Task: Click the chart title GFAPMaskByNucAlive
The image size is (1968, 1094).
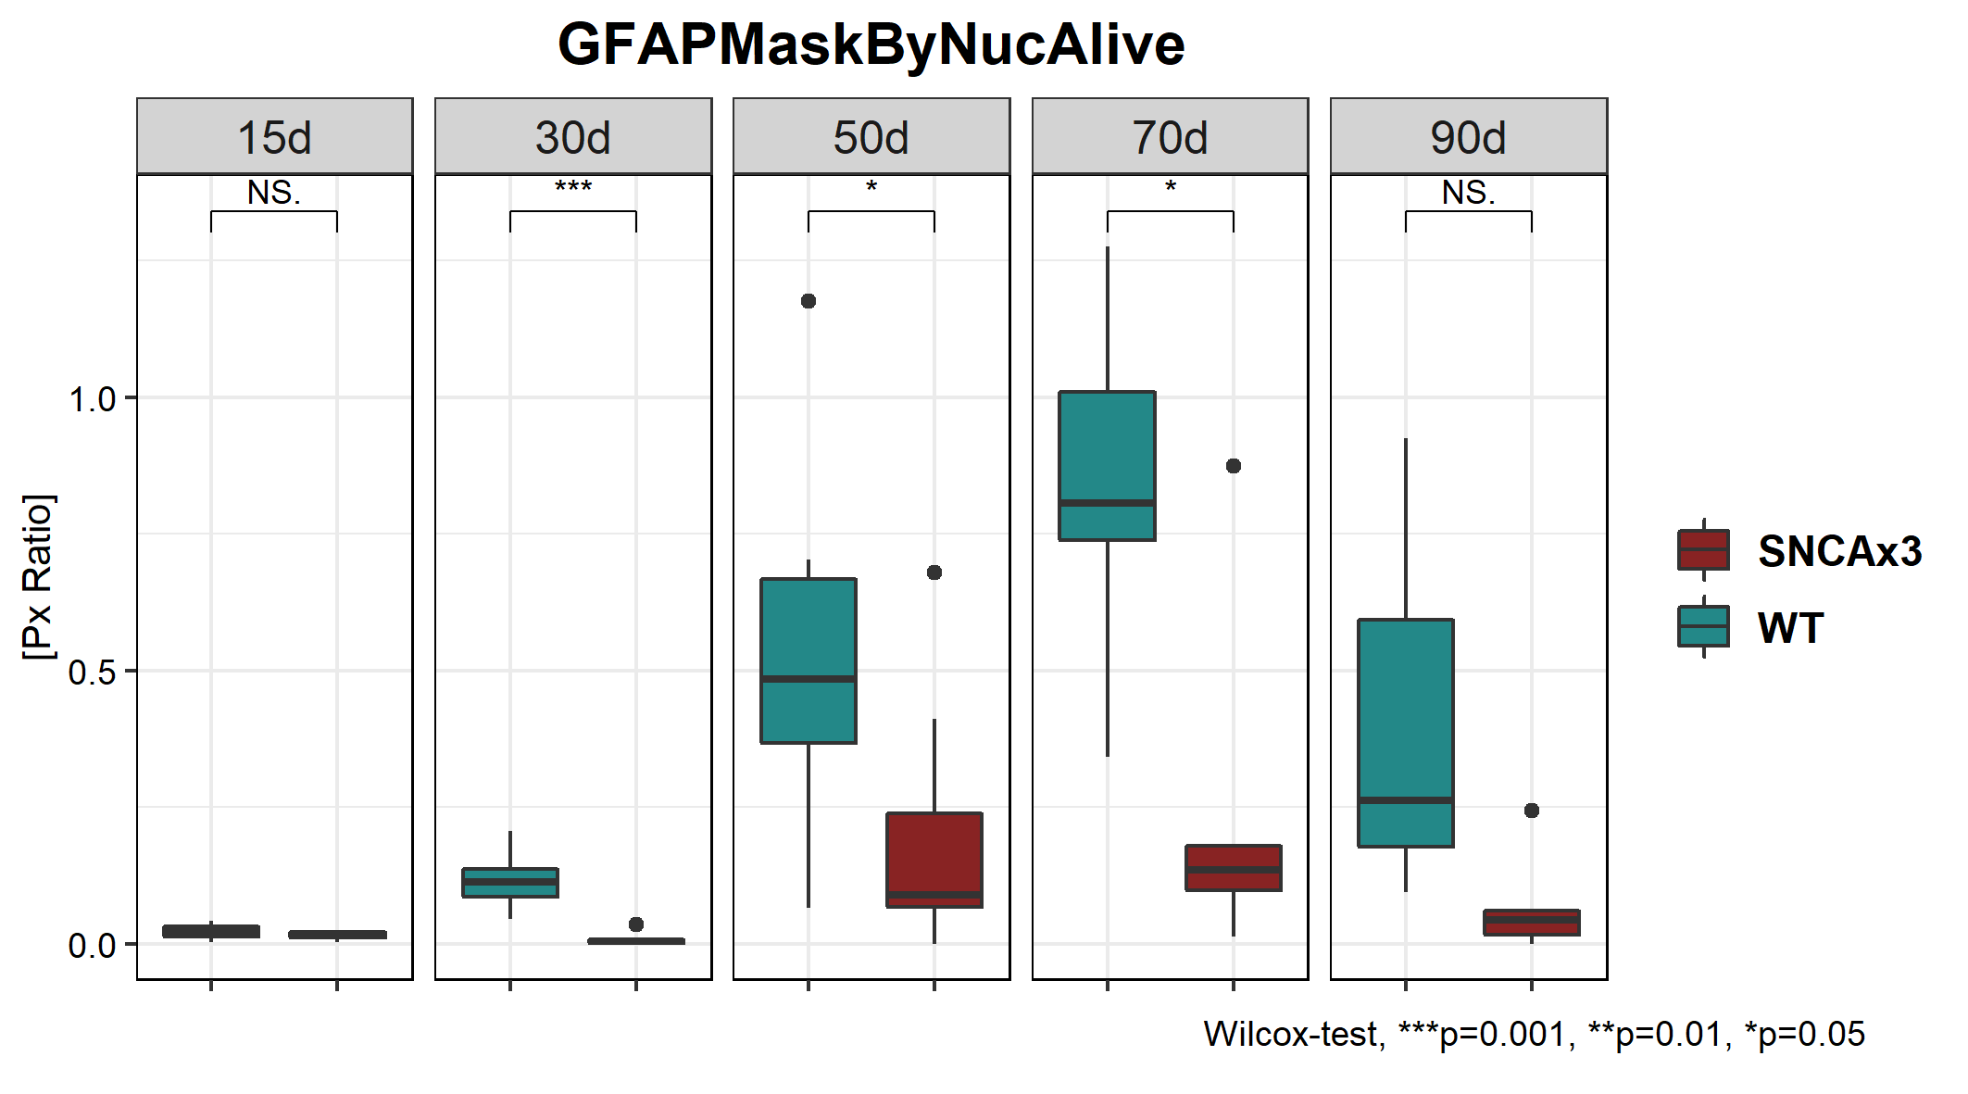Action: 871,44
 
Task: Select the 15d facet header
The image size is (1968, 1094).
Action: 274,137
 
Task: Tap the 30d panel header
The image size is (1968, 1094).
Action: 573,137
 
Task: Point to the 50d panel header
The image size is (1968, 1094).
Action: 871,137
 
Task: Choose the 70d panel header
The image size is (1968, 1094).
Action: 1170,137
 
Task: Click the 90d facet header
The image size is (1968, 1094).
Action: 1468,137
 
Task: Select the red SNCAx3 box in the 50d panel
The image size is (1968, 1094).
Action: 934,852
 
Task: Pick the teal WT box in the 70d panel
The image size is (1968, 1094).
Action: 1108,454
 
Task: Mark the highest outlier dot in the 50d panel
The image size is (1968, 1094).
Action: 809,301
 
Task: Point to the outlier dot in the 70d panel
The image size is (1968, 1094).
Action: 1234,466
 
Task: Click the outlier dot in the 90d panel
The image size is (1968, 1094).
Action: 1532,811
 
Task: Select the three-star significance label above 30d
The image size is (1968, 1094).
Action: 573,188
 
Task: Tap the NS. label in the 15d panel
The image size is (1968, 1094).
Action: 274,193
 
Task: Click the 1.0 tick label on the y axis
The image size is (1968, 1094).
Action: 92,399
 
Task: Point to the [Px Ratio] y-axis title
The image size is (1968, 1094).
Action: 38,577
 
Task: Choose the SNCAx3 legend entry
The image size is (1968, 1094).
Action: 1839,551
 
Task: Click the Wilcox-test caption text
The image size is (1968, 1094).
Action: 1534,1034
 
